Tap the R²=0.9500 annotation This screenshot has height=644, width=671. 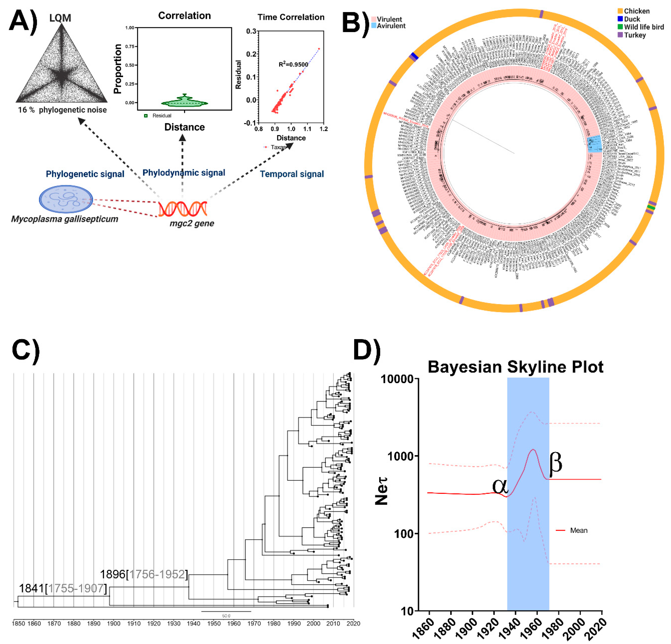(x=293, y=64)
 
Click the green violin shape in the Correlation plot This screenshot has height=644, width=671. (x=185, y=101)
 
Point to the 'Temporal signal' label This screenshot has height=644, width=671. (x=292, y=174)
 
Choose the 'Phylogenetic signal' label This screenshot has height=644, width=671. (x=85, y=174)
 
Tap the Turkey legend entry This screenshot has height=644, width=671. (x=634, y=35)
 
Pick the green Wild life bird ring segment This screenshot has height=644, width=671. (x=651, y=207)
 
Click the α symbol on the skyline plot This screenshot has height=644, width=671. (x=500, y=486)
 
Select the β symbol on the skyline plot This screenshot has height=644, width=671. (x=555, y=463)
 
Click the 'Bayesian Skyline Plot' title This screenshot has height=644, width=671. (x=515, y=367)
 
